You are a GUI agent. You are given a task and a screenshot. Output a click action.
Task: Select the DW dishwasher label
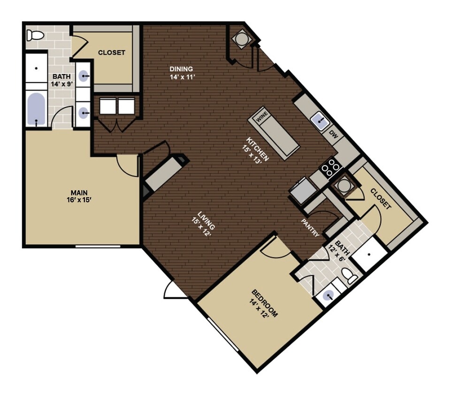[334, 135]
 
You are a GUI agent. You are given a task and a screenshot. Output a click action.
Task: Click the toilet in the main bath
[35, 35]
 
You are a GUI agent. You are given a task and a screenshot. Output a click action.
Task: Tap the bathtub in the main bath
[36, 108]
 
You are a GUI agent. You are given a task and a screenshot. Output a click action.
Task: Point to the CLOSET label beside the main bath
[111, 53]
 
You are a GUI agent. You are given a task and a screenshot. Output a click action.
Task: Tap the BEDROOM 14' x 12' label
[265, 304]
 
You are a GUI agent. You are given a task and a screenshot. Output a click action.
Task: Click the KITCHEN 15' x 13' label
[257, 149]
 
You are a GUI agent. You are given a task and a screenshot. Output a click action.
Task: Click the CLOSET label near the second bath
[380, 198]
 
